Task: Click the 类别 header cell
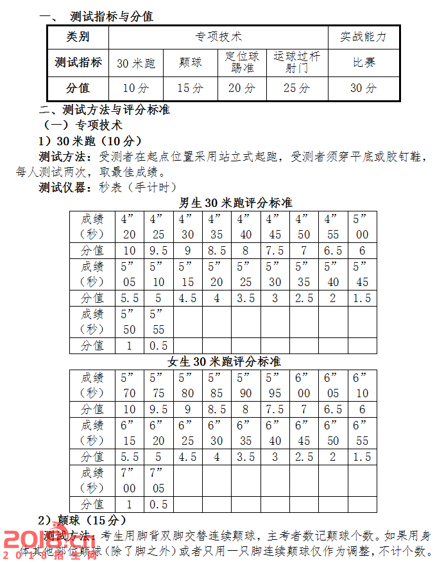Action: (78, 37)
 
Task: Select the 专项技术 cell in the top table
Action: (218, 37)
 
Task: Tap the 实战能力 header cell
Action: (363, 37)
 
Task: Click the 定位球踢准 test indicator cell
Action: (242, 62)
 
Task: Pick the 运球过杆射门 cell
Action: (296, 62)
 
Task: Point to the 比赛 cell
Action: (363, 63)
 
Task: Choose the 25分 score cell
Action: (296, 88)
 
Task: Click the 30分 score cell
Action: (363, 88)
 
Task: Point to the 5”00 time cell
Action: (362, 226)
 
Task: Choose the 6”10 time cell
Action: (362, 385)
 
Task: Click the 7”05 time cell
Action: (158, 480)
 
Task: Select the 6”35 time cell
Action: (246, 433)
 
